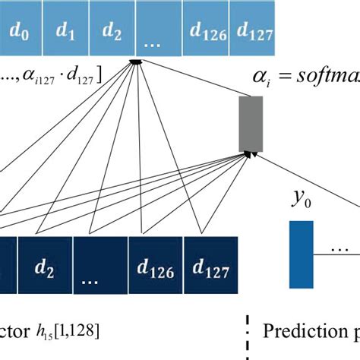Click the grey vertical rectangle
(250, 123)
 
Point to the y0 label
(301, 199)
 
